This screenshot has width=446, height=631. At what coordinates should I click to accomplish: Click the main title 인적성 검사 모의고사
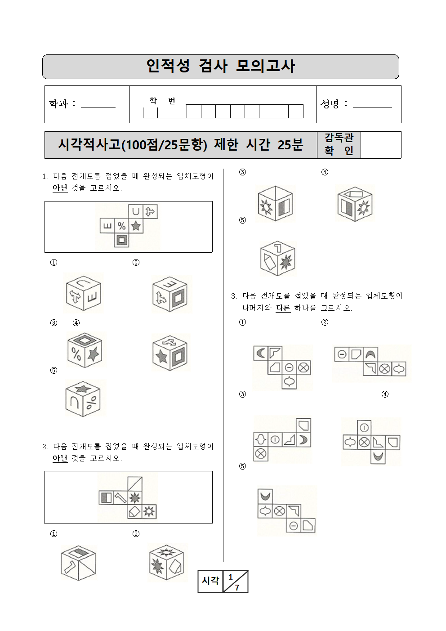(220, 67)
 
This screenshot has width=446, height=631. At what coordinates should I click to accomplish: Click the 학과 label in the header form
(58, 103)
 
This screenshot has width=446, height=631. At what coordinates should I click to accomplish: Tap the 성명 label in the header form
(330, 103)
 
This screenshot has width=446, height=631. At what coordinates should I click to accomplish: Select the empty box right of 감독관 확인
(381, 145)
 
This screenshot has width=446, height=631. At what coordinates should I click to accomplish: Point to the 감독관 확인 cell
(339, 145)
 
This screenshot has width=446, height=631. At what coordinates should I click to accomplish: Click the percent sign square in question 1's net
(122, 226)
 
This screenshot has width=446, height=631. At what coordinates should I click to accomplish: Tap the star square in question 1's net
(136, 226)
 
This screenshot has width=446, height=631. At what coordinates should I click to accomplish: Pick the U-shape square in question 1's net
(136, 211)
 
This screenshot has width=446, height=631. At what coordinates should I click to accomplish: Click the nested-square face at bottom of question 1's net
(122, 240)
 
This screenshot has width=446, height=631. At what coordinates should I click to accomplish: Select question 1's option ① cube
(83, 293)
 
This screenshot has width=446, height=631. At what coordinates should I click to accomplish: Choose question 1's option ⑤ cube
(83, 398)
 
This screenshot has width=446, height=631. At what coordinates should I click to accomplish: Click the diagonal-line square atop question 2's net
(135, 484)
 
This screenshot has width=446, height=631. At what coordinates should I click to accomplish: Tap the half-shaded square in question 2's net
(106, 498)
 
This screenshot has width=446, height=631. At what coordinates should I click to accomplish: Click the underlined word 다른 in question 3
(283, 308)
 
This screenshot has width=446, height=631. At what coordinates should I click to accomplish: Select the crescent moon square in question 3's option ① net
(261, 353)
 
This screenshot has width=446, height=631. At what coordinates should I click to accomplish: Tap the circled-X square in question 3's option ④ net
(364, 443)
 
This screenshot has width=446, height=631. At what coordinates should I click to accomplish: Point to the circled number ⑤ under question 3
(242, 466)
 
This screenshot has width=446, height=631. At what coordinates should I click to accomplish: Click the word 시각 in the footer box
(210, 581)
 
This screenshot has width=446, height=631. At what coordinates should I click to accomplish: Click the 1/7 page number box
(236, 582)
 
